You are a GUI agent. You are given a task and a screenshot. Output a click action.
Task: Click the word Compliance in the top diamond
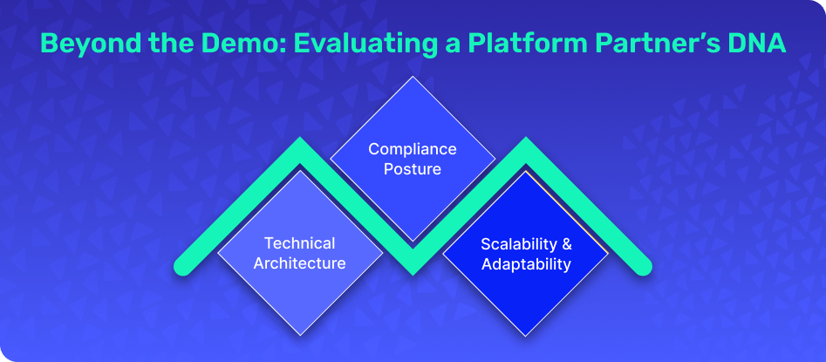pyautogui.click(x=413, y=150)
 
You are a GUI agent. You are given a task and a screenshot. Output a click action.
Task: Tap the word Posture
pyautogui.click(x=413, y=170)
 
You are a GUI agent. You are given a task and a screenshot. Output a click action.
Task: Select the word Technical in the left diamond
pyautogui.click(x=300, y=243)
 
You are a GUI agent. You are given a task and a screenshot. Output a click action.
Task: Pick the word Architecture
pyautogui.click(x=300, y=263)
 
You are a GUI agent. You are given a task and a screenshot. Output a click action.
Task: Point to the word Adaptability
pyautogui.click(x=526, y=264)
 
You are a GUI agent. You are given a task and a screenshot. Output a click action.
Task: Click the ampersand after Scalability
pyautogui.click(x=566, y=244)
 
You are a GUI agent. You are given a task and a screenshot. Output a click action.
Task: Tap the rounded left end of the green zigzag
pyautogui.click(x=181, y=268)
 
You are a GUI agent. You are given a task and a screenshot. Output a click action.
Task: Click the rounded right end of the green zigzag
pyautogui.click(x=645, y=268)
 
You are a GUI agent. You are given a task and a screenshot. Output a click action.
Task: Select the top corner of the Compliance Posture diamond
pyautogui.click(x=413, y=77)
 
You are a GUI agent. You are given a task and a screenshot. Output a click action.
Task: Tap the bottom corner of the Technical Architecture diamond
pyautogui.click(x=300, y=336)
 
